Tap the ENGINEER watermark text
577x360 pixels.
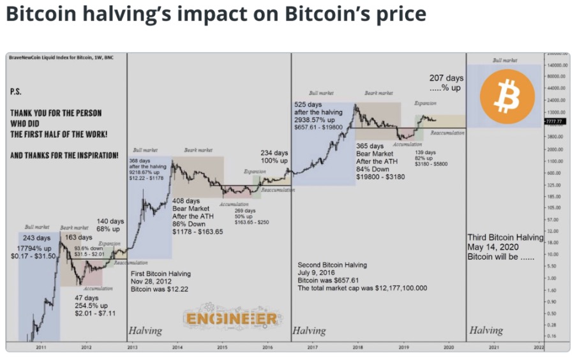232,319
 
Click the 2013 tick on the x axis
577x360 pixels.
132,347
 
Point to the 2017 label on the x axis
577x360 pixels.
312,347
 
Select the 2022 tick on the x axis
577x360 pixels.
538,347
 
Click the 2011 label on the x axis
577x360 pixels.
41,347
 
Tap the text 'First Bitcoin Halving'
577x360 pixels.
160,273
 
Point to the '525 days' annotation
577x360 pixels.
308,104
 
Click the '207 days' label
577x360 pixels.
446,79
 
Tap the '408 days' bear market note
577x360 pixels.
187,201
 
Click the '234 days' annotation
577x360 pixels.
274,153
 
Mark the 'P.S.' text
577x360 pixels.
17,92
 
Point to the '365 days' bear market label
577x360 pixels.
370,146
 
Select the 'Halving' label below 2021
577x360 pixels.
486,331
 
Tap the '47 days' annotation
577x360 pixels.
87,298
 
